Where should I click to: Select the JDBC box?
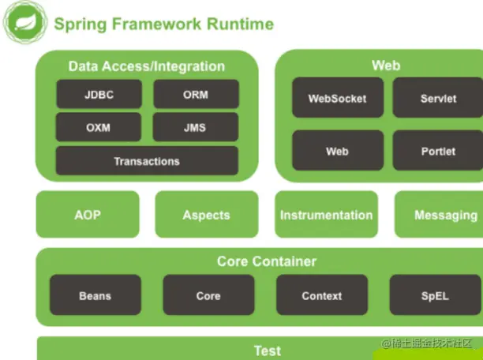[x=99, y=94]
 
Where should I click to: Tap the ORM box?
[x=196, y=94]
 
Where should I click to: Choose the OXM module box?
[x=99, y=127]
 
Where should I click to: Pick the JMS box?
[x=196, y=127]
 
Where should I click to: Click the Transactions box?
[x=147, y=161]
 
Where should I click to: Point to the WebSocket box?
[x=337, y=99]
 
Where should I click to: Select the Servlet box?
[x=437, y=99]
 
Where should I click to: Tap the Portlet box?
[x=437, y=151]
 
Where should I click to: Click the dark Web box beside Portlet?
[x=337, y=151]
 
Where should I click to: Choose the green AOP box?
[x=88, y=215]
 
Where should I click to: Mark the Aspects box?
[x=206, y=215]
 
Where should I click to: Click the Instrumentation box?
[x=326, y=215]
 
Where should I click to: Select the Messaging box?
[x=444, y=215]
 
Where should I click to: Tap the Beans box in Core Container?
[x=95, y=295]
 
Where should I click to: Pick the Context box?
[x=321, y=295]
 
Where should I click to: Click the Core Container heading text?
[x=267, y=261]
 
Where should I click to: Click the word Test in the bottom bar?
[x=267, y=351]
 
